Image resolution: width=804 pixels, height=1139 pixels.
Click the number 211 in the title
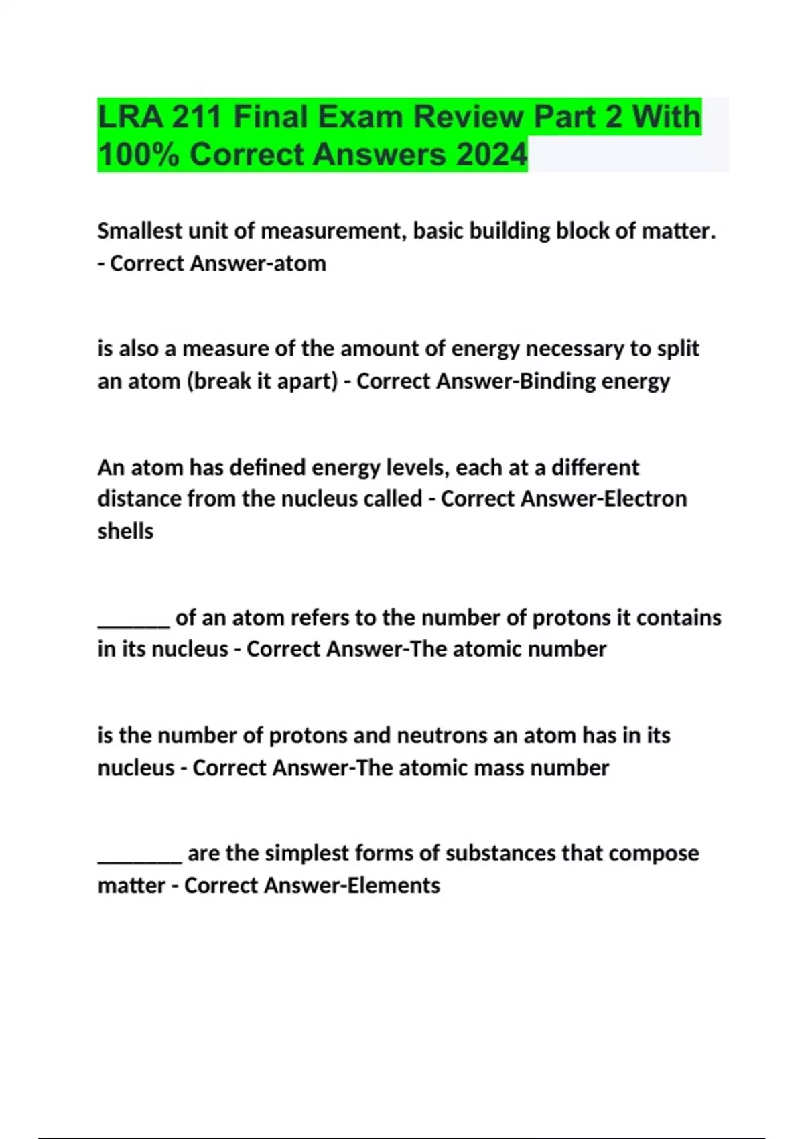coord(196,117)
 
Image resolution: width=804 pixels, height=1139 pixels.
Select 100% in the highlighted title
coord(139,155)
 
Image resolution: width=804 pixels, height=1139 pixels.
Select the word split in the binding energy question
coord(677,348)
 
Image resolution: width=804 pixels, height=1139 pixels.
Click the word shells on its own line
coord(125,531)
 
